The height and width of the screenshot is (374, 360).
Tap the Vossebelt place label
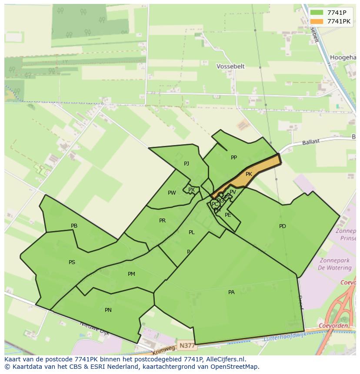(x=230, y=66)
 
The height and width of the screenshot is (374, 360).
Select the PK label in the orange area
(x=249, y=174)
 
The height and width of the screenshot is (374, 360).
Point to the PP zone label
(x=234, y=158)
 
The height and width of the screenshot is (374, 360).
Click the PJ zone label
(x=187, y=164)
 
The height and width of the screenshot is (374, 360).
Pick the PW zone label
(x=172, y=193)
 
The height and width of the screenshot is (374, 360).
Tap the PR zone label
(x=162, y=221)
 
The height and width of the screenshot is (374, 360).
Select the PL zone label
(x=191, y=232)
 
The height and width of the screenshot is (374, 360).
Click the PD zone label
(x=283, y=226)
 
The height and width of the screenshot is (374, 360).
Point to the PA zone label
(x=231, y=292)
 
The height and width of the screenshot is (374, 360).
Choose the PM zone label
(x=131, y=274)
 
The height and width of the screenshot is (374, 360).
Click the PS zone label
(x=72, y=262)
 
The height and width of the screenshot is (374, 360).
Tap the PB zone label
(x=74, y=226)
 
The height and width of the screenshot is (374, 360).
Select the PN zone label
(x=108, y=310)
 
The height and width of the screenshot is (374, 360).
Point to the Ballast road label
(x=311, y=142)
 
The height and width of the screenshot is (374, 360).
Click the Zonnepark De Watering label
(x=335, y=264)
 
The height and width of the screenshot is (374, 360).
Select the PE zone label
(x=228, y=215)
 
